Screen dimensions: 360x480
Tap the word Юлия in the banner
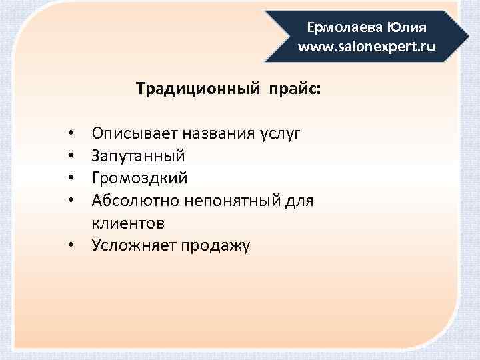click(405, 28)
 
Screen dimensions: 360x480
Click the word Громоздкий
click(140, 178)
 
